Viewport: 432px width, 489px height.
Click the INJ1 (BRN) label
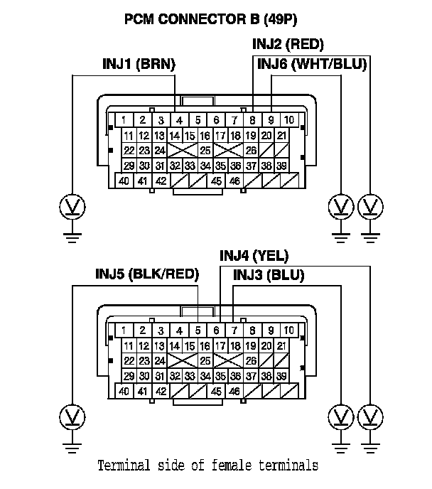139,65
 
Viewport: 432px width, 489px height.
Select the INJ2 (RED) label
288,44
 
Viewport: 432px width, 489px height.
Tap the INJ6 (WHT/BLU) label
311,65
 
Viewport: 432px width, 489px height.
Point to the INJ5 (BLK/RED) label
147,274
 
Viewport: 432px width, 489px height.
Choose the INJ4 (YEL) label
254,256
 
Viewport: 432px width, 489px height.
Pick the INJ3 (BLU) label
269,275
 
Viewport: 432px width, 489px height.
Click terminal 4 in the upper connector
180,119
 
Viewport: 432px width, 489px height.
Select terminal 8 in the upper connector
254,119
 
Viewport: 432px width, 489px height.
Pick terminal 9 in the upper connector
271,119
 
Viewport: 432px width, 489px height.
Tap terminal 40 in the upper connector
124,181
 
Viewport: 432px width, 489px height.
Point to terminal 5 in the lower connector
198,330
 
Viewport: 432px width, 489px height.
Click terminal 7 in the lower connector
234,330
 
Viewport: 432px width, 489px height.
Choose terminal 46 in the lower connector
234,391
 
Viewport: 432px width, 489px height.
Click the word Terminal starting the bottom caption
123,466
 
